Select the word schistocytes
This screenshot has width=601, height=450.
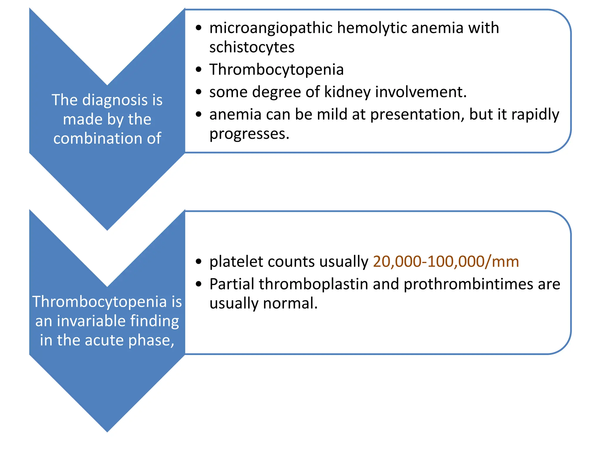[252, 47]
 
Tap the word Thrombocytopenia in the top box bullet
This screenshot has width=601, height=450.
[276, 70]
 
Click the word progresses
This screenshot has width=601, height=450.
[249, 134]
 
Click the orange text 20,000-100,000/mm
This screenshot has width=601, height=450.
[446, 262]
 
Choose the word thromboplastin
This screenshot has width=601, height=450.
[313, 284]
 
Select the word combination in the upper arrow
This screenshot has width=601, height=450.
[98, 138]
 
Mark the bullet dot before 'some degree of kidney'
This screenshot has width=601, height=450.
[199, 92]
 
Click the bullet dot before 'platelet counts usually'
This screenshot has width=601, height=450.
[199, 262]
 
